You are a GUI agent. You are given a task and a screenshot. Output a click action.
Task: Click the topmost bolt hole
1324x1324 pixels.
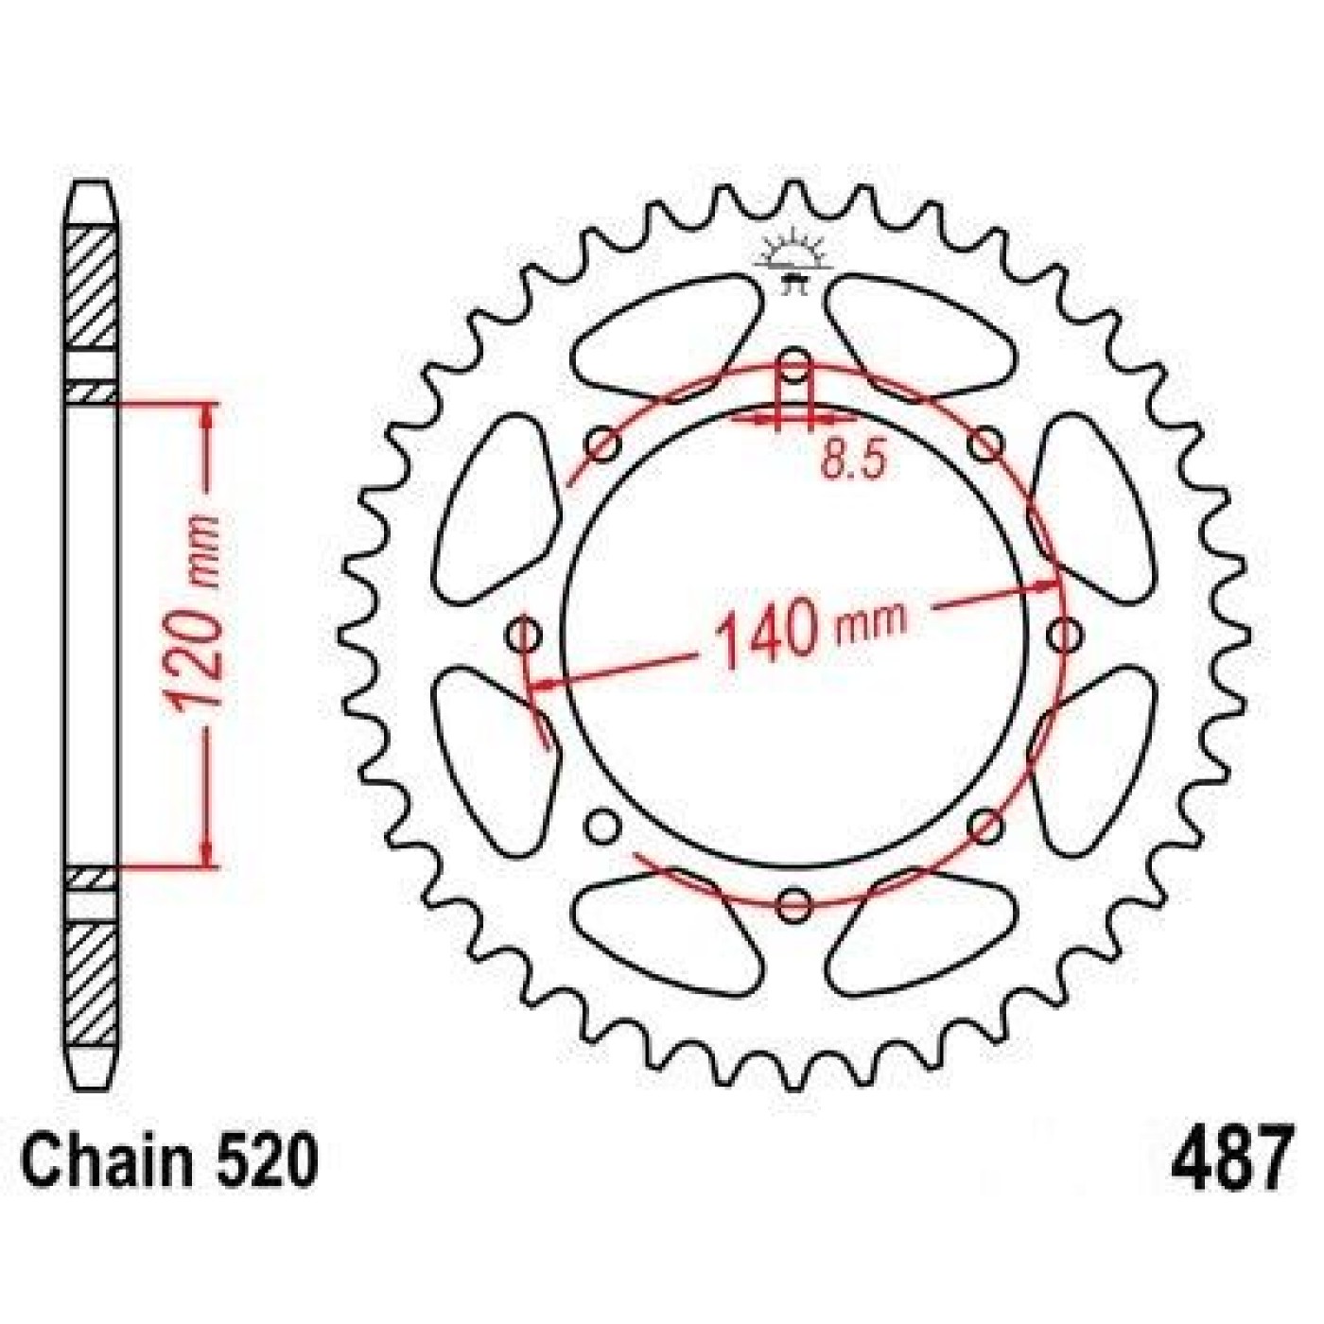tap(795, 365)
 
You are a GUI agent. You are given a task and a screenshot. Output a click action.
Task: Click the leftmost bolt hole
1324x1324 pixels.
tap(526, 633)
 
